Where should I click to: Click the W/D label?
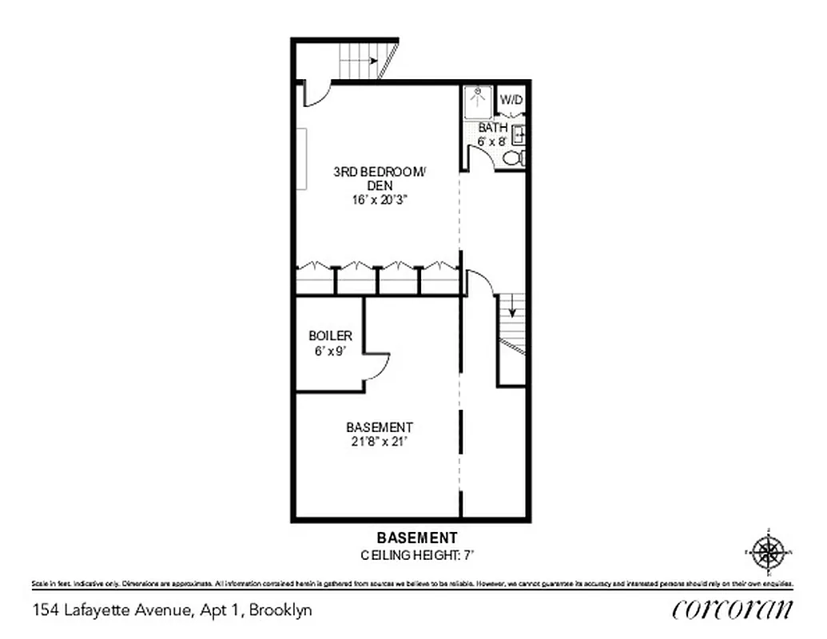pos(511,100)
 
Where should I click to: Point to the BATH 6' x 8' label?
pos(492,134)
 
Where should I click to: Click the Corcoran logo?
pos(733,609)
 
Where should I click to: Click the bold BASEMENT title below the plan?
pos(416,538)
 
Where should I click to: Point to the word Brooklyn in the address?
pos(280,611)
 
